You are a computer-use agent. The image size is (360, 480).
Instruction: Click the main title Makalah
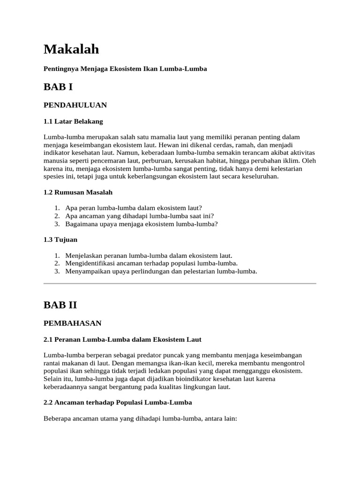point(71,49)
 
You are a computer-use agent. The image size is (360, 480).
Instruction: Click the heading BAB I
point(58,87)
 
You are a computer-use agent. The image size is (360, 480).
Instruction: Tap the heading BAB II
point(60,305)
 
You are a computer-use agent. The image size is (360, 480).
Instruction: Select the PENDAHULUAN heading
point(75,105)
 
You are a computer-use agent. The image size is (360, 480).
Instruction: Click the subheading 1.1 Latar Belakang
point(73,121)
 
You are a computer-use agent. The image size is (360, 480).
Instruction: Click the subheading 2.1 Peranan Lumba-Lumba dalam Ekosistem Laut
point(122,339)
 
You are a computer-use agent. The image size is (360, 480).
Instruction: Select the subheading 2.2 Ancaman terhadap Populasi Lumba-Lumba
point(118,402)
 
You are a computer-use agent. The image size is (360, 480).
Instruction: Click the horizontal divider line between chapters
point(180,284)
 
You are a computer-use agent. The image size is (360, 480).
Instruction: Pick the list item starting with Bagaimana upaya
point(140,224)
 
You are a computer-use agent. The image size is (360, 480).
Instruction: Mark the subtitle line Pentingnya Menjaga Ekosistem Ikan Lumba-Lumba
point(125,69)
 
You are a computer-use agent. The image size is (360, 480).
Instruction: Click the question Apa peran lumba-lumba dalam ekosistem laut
point(134,208)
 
